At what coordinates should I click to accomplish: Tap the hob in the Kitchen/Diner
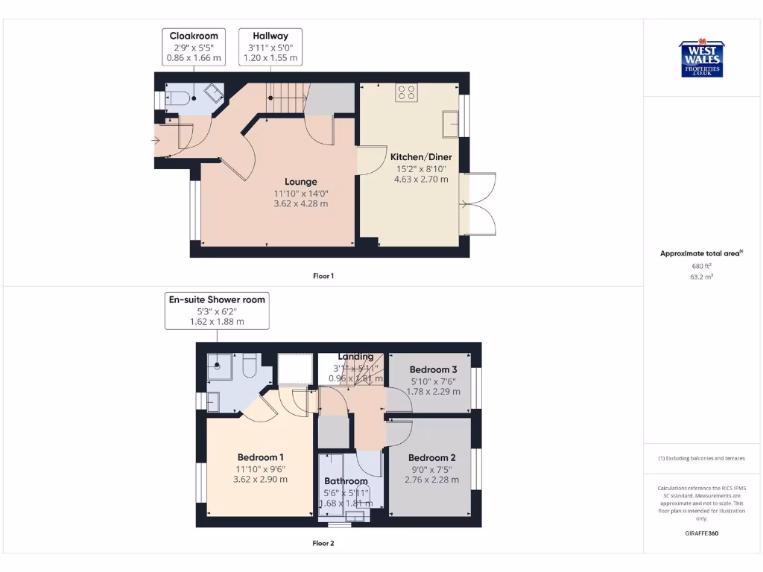tap(407, 92)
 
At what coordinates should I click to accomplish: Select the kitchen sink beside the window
tap(449, 124)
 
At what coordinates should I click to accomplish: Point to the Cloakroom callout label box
tap(194, 46)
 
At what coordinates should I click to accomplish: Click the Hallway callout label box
tap(270, 46)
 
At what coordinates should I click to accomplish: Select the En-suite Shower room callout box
tap(217, 311)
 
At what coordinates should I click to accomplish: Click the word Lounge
tap(300, 182)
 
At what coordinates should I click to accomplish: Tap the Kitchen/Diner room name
tap(421, 157)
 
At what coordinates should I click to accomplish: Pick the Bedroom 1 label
tap(261, 457)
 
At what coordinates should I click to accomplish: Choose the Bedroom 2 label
tap(431, 457)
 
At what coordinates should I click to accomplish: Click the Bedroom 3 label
tap(433, 369)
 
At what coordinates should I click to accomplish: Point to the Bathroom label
tap(346, 481)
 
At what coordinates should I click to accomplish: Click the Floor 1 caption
tap(323, 276)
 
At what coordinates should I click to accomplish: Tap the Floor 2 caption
tap(323, 543)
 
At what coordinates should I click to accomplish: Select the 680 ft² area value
tap(700, 266)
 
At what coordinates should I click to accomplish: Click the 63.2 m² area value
tap(700, 276)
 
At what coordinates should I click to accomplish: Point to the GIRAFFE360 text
tap(700, 533)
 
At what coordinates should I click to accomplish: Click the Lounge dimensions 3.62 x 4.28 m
tap(300, 203)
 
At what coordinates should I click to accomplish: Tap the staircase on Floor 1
tap(287, 95)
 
